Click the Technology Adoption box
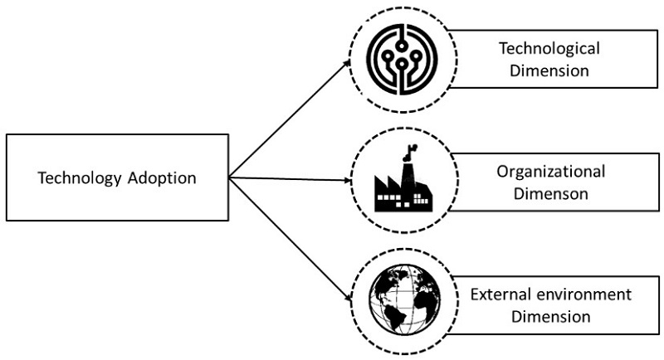[x=116, y=178]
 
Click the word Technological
[x=549, y=49]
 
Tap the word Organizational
[x=550, y=173]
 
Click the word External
[x=498, y=295]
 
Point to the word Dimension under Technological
[x=549, y=71]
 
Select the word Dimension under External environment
[x=550, y=316]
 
